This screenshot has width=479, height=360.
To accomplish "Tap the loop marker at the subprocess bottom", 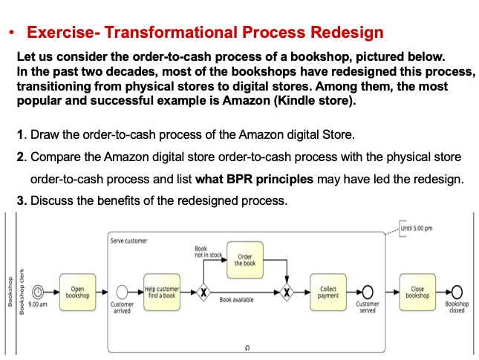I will click(247, 346).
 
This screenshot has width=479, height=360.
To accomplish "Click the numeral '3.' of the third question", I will click(22, 200).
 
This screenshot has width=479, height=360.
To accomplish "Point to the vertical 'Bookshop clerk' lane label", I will click(23, 290).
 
